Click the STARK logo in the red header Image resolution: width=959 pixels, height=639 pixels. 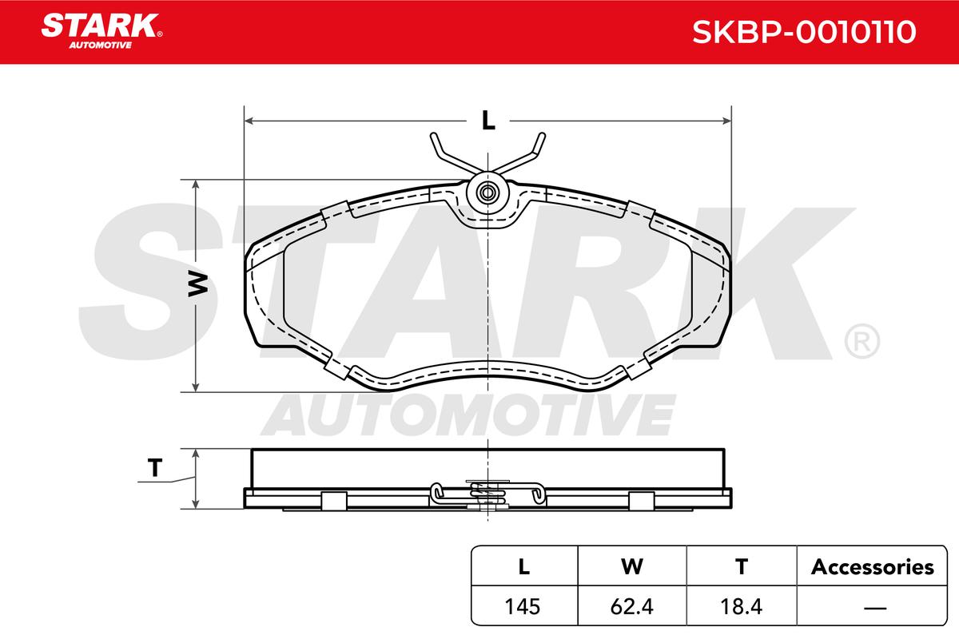click(101, 31)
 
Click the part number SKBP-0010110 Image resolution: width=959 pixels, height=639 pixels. click(804, 32)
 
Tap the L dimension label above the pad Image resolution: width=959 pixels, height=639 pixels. click(488, 121)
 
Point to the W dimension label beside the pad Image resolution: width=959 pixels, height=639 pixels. click(198, 284)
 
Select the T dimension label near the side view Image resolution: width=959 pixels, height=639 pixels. click(155, 467)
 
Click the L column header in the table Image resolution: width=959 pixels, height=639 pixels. click(524, 566)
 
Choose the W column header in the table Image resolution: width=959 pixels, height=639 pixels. click(632, 566)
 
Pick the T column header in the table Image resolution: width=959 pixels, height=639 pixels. click(742, 566)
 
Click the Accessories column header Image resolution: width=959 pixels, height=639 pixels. click(872, 567)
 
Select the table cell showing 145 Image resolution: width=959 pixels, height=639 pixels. click(523, 606)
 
